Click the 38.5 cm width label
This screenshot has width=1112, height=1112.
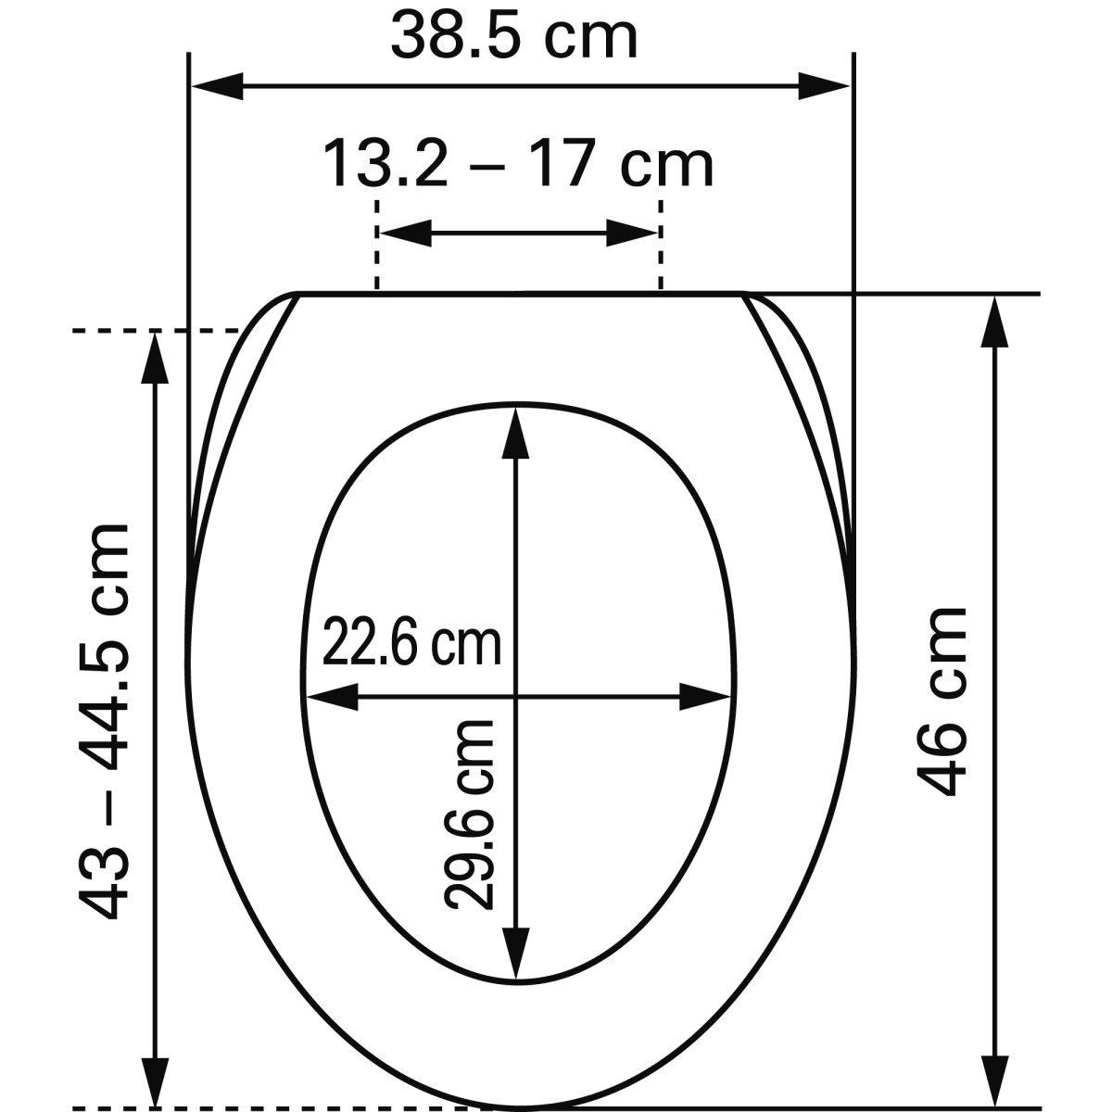point(514,36)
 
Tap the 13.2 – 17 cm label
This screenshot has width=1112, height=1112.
point(519,165)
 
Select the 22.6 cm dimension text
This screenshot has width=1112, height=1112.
point(411,640)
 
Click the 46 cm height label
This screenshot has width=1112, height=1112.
point(942,701)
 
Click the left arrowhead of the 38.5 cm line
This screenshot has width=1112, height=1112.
point(218,86)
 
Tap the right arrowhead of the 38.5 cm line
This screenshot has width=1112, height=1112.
point(824,86)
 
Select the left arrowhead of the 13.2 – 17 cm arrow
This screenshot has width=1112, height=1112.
point(406,234)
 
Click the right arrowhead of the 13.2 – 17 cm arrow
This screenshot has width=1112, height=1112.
point(631,234)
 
